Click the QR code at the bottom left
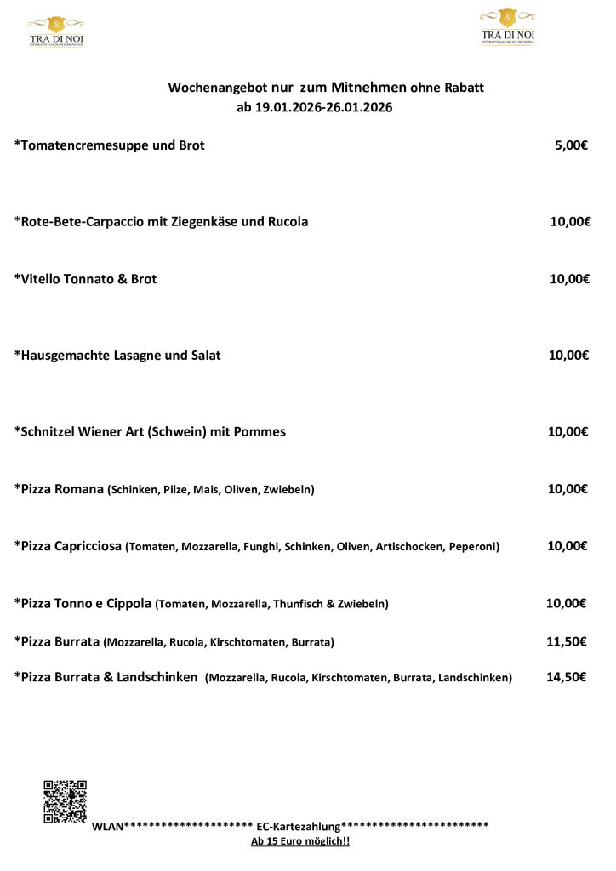66,801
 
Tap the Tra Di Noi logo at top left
56,31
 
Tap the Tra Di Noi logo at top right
508,26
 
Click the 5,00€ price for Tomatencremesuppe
571,145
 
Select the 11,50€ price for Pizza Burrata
566,641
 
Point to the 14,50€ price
566,677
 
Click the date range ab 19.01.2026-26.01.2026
315,108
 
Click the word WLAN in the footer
107,826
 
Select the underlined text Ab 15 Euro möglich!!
300,841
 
